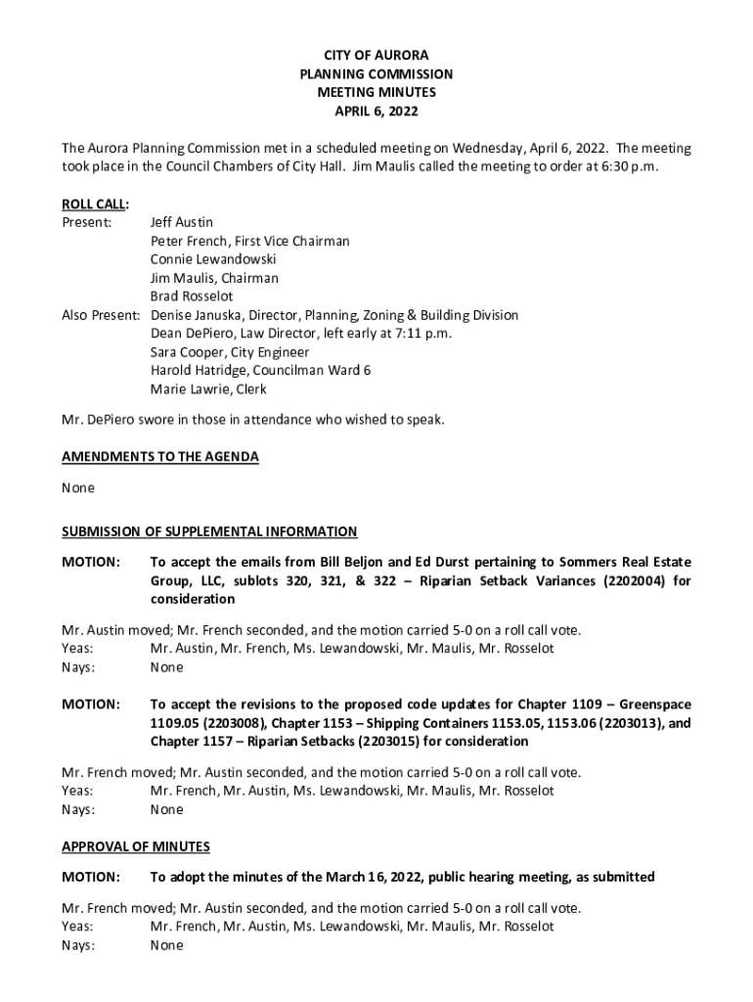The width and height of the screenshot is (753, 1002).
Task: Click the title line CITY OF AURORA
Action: (x=376, y=56)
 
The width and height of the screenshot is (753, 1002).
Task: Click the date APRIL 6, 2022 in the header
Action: (x=376, y=111)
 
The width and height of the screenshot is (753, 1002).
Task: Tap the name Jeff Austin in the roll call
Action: (x=182, y=222)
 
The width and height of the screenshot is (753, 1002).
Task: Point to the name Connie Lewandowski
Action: (x=213, y=259)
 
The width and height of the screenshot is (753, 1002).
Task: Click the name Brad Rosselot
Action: (x=192, y=296)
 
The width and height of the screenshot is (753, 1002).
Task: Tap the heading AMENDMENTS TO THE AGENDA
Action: (x=160, y=457)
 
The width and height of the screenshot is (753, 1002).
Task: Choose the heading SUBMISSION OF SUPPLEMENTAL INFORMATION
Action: (x=209, y=531)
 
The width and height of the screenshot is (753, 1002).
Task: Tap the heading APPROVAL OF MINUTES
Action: (x=136, y=846)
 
